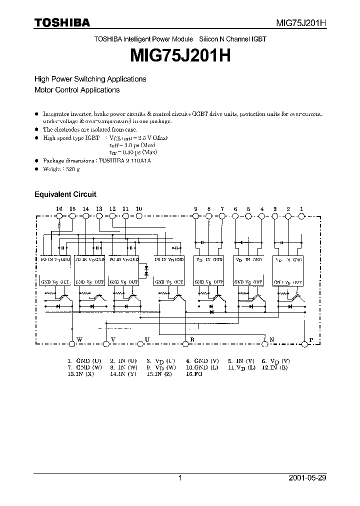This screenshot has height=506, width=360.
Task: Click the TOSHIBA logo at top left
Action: [62, 22]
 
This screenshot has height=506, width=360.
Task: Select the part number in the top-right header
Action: [301, 23]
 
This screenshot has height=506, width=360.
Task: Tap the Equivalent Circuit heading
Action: [65, 194]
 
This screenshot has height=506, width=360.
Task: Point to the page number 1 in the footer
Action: [180, 478]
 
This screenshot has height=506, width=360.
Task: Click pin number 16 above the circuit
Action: [59, 208]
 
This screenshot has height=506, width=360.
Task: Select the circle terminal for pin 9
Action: [195, 215]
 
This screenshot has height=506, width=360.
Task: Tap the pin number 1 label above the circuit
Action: [301, 208]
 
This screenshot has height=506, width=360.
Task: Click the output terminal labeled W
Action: [72, 343]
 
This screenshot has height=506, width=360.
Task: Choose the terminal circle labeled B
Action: [186, 343]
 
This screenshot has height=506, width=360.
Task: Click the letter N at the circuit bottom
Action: [272, 340]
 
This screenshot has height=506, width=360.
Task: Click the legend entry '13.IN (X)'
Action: [80, 373]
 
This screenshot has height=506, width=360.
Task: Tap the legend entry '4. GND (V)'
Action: [202, 360]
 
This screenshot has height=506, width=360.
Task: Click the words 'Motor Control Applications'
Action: [77, 90]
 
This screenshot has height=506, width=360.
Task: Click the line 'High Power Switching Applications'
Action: [90, 79]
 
